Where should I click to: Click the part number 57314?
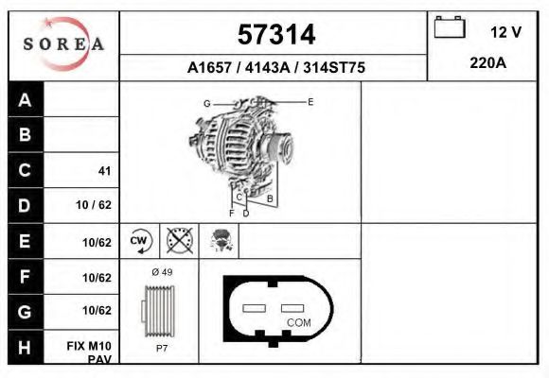pyautogui.click(x=274, y=35)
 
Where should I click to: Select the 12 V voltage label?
pyautogui.click(x=505, y=32)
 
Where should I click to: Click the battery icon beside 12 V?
pyautogui.click(x=449, y=29)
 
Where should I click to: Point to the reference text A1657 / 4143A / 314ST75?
pyautogui.click(x=275, y=68)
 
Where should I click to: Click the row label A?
pyautogui.click(x=25, y=100)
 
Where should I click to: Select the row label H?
pyautogui.click(x=25, y=348)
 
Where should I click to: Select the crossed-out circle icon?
pyautogui.click(x=177, y=241)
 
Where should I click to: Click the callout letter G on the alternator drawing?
pyautogui.click(x=206, y=102)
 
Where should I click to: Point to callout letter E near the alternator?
pyautogui.click(x=310, y=101)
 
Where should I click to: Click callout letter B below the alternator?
pyautogui.click(x=270, y=198)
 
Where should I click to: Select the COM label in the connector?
pyautogui.click(x=298, y=322)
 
